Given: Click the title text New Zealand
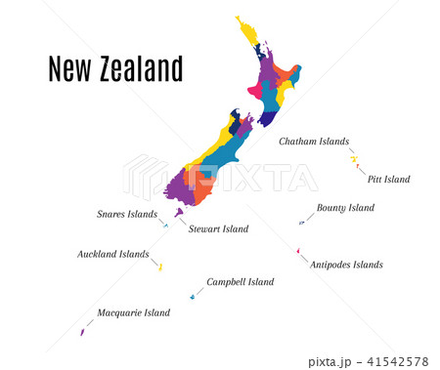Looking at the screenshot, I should (x=115, y=69).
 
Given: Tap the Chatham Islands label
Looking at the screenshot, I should (x=313, y=142).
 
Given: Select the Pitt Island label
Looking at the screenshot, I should (x=388, y=180).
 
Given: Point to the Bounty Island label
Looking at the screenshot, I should (x=345, y=208).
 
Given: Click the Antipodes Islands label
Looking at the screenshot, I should (x=346, y=265).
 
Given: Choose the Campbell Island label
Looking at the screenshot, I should (x=241, y=282).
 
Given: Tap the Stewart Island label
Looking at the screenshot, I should (x=218, y=229).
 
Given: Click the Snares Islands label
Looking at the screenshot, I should (x=127, y=214).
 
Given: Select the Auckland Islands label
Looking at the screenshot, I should (x=113, y=255).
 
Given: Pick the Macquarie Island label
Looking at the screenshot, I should (x=133, y=313).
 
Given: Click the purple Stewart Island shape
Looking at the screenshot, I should (x=178, y=213).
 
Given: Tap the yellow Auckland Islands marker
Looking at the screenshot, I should (x=160, y=267).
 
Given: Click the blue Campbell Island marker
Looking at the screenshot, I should (x=193, y=296).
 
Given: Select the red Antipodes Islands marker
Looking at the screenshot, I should (x=297, y=250).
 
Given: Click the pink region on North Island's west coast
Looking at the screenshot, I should (x=257, y=94).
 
